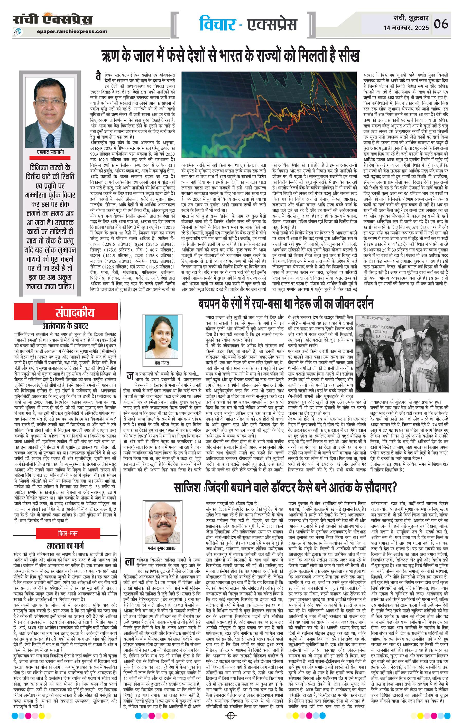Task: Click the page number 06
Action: coord(441,23)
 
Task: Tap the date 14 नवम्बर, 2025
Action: coord(406,28)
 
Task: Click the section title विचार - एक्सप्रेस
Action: coord(248,24)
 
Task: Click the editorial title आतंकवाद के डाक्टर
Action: coord(66,326)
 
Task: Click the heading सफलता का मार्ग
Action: coord(65,546)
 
